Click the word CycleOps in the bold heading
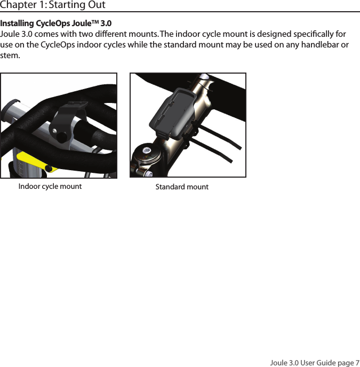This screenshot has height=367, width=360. tap(52, 24)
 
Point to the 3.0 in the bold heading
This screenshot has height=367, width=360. tap(106, 24)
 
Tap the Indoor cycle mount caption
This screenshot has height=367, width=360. tap(50, 187)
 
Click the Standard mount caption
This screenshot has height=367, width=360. tap(182, 187)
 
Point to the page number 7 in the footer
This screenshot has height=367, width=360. tap(357, 363)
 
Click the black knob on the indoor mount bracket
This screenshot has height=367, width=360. tap(62, 137)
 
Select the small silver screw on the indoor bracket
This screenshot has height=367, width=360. tap(55, 129)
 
